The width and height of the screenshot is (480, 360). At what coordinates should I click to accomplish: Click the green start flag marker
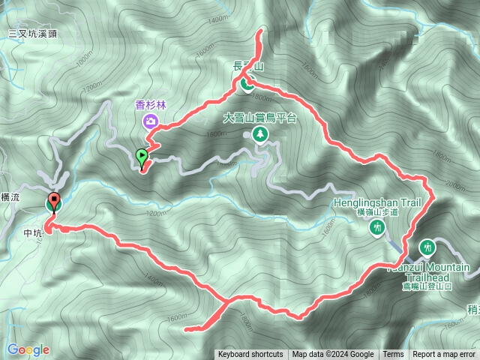(142, 157)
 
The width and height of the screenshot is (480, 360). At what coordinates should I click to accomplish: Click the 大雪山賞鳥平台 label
(260, 118)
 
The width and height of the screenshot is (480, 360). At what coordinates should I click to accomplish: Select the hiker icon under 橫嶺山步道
(377, 227)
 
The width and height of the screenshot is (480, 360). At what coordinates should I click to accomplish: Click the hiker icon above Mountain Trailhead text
(427, 245)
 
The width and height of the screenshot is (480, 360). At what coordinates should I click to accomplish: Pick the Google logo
(28, 349)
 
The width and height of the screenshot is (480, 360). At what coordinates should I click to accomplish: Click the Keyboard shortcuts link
(250, 355)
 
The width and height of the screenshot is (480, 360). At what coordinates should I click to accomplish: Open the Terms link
(393, 355)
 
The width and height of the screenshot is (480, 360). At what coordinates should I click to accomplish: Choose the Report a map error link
(445, 355)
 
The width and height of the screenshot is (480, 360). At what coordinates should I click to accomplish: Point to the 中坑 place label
(33, 232)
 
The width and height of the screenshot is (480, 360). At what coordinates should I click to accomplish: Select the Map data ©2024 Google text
(333, 355)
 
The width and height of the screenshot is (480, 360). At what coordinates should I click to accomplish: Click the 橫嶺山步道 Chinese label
(377, 212)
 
